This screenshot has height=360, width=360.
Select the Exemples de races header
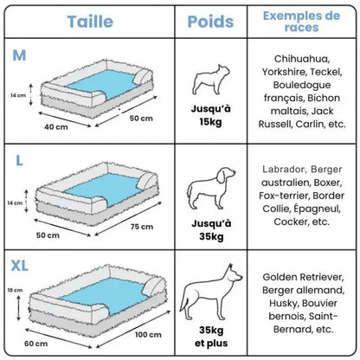(302, 21)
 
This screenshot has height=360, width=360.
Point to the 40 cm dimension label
(55, 126)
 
